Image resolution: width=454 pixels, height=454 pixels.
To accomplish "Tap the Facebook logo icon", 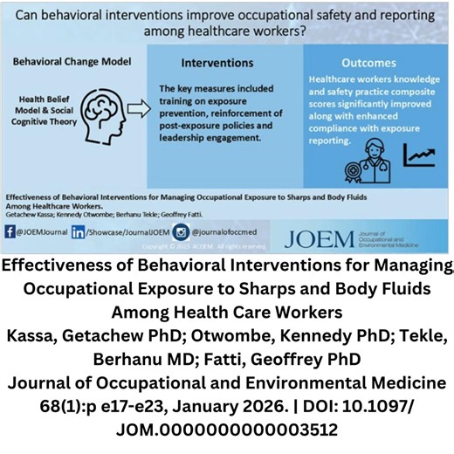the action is tap(10, 232).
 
